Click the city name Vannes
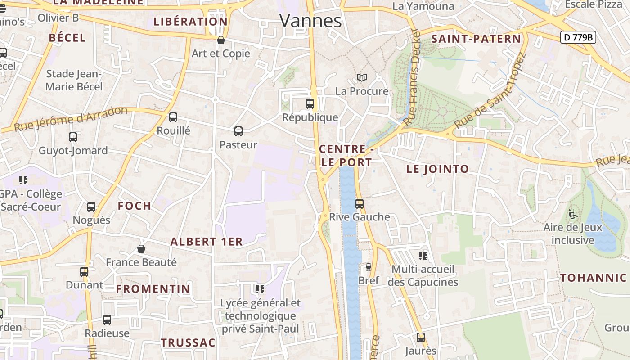point(310,21)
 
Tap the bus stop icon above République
point(310,104)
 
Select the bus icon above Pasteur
point(238,131)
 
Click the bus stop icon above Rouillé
point(173,117)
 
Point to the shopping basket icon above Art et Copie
point(221,40)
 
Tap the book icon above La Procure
point(362,77)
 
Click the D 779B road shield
point(578,37)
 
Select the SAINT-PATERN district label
point(476,39)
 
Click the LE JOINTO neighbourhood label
point(437,169)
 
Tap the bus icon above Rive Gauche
point(360,203)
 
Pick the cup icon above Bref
point(369,267)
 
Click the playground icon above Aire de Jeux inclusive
point(573,214)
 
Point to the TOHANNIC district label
point(594,278)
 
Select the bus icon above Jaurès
point(421,337)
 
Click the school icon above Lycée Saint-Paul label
point(260,289)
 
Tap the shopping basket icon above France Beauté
point(141,249)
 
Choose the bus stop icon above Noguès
point(91,207)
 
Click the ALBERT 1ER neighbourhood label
point(207,242)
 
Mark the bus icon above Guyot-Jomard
point(73,137)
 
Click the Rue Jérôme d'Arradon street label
point(71,119)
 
